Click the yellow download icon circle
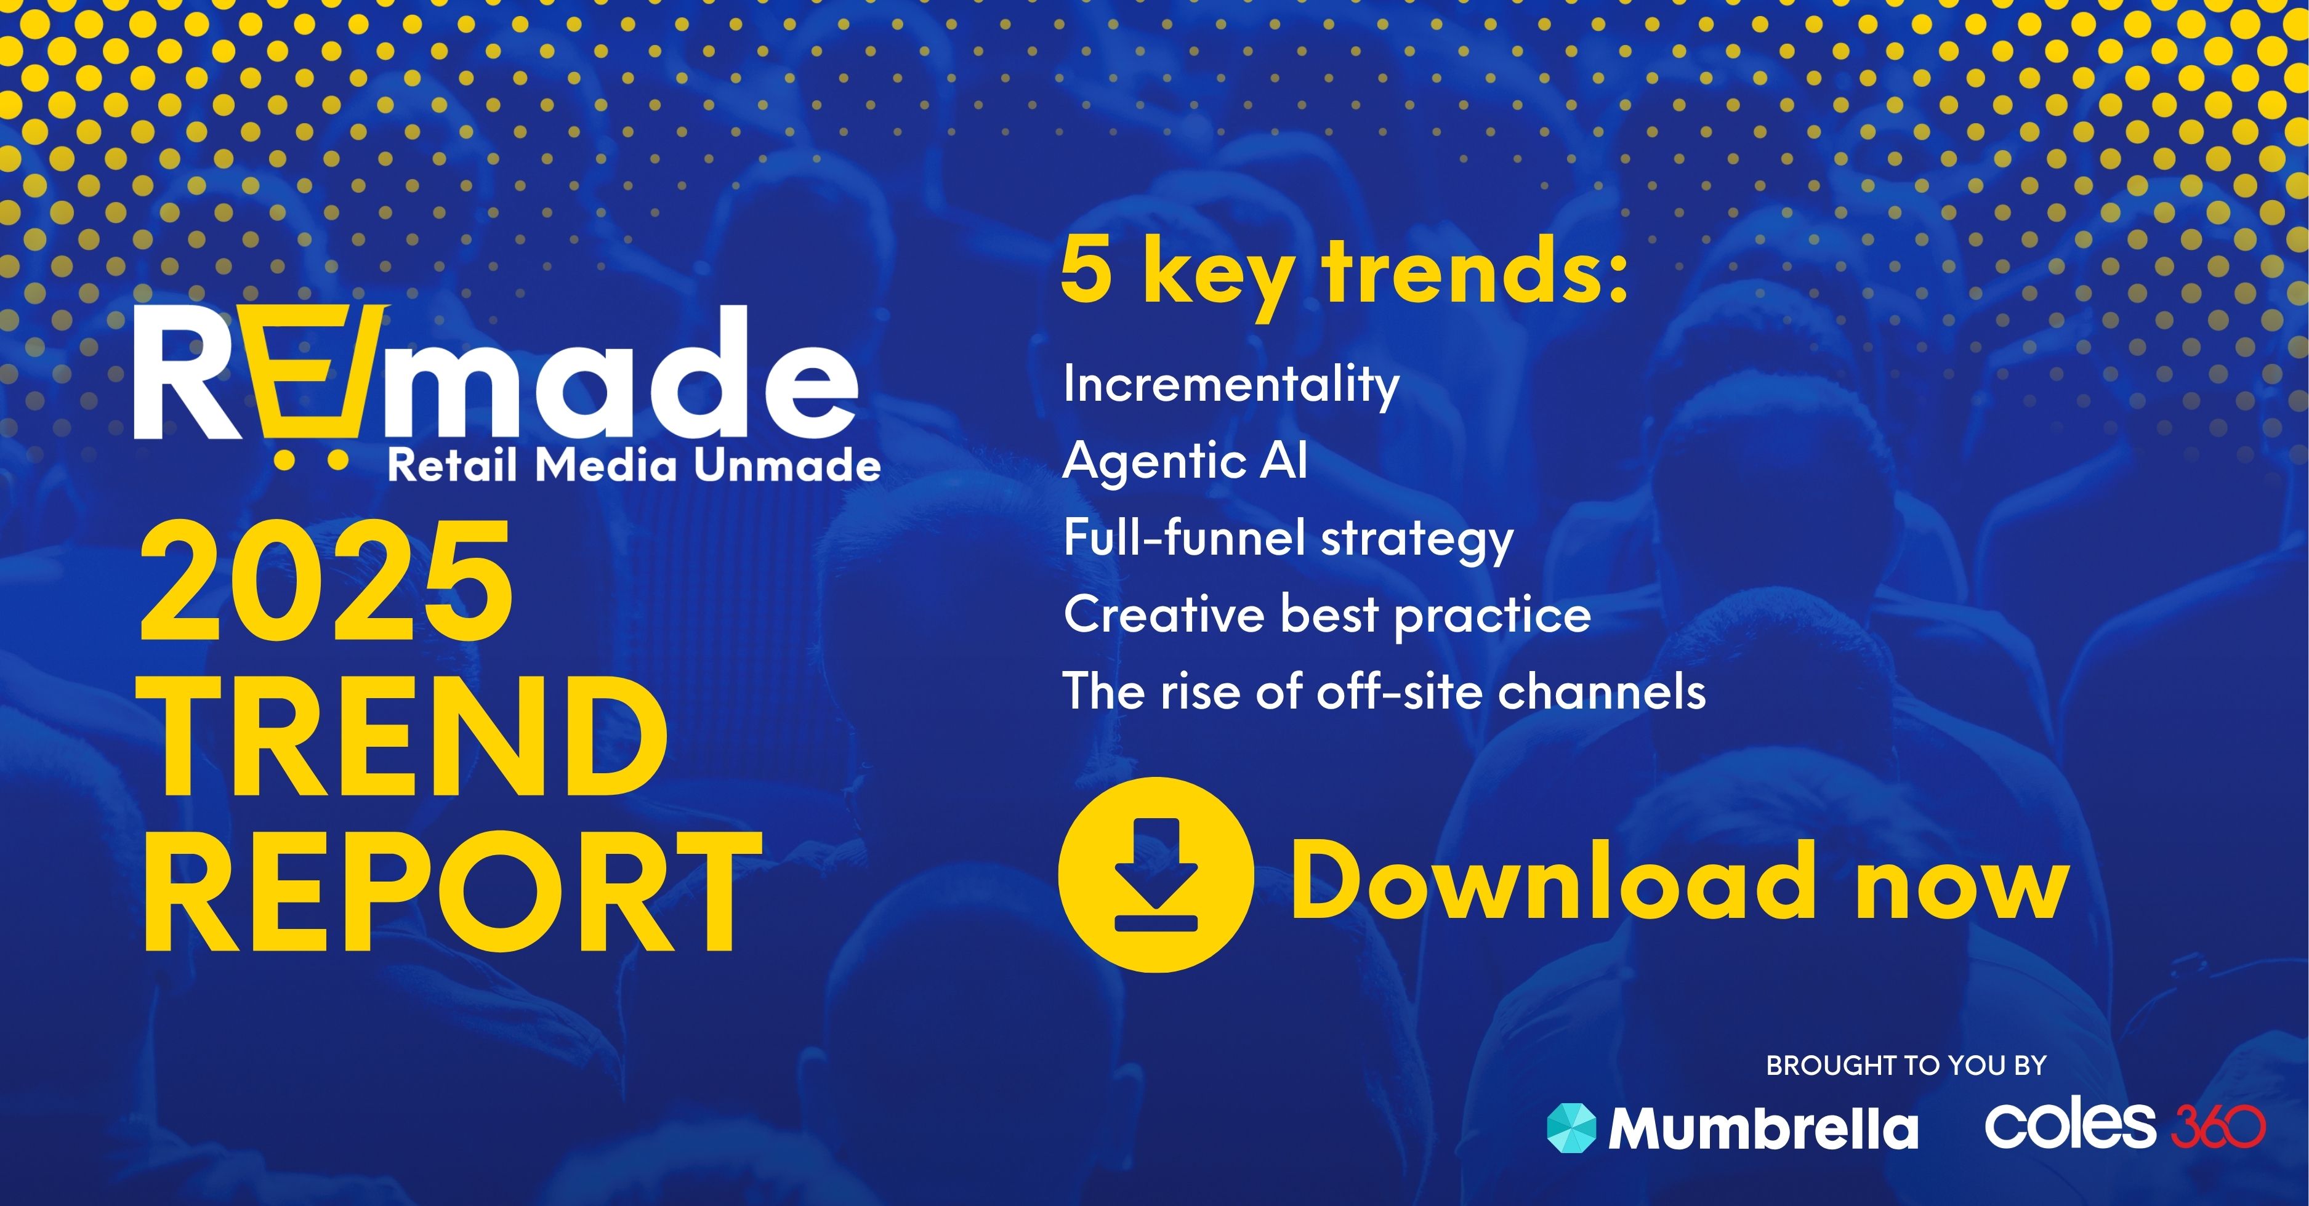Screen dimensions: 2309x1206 tap(1155, 874)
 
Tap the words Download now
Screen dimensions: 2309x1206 tap(1679, 882)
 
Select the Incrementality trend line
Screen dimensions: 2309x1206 tap(1231, 385)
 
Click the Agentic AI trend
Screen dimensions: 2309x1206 tap(1185, 460)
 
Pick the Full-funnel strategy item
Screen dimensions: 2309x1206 tap(1288, 539)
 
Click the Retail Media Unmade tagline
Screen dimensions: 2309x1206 tap(634, 466)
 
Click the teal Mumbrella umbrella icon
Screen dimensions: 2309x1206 tap(1571, 1127)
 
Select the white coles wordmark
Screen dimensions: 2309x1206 tap(2069, 1125)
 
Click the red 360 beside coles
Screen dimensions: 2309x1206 tap(2218, 1125)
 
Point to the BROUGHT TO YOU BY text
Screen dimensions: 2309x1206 tap(1906, 1065)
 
